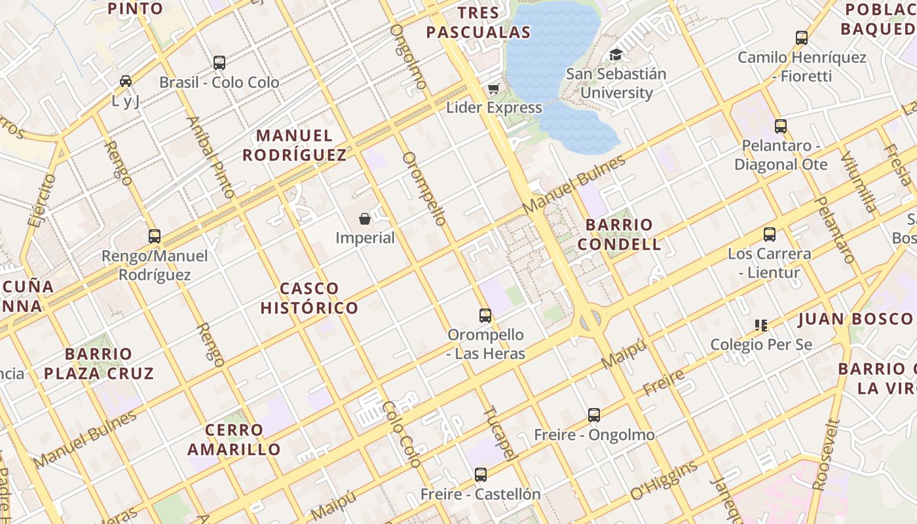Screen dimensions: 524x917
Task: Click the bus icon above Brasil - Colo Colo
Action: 219,63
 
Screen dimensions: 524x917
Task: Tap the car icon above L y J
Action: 126,81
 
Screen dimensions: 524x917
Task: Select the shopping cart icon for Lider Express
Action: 493,88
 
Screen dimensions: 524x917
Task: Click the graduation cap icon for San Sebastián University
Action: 616,55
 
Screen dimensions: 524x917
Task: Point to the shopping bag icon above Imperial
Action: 365,219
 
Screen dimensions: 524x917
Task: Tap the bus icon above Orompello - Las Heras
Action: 485,316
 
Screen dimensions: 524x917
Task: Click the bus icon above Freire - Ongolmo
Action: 594,415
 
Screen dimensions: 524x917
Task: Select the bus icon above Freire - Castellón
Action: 481,475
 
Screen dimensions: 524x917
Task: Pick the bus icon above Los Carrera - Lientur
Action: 770,234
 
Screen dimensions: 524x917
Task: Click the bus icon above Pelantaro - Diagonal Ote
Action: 780,126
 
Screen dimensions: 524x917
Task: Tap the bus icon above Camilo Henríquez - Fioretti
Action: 802,38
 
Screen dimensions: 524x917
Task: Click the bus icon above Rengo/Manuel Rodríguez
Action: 155,236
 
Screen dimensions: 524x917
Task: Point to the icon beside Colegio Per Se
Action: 760,325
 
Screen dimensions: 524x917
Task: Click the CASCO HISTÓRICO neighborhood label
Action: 310,298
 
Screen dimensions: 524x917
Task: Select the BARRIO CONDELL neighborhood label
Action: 623,234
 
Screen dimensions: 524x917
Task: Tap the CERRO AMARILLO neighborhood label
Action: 234,440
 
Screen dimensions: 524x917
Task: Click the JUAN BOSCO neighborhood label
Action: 855,320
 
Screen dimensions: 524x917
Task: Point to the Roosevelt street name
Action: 825,455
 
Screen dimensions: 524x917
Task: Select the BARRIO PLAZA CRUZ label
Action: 99,364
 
